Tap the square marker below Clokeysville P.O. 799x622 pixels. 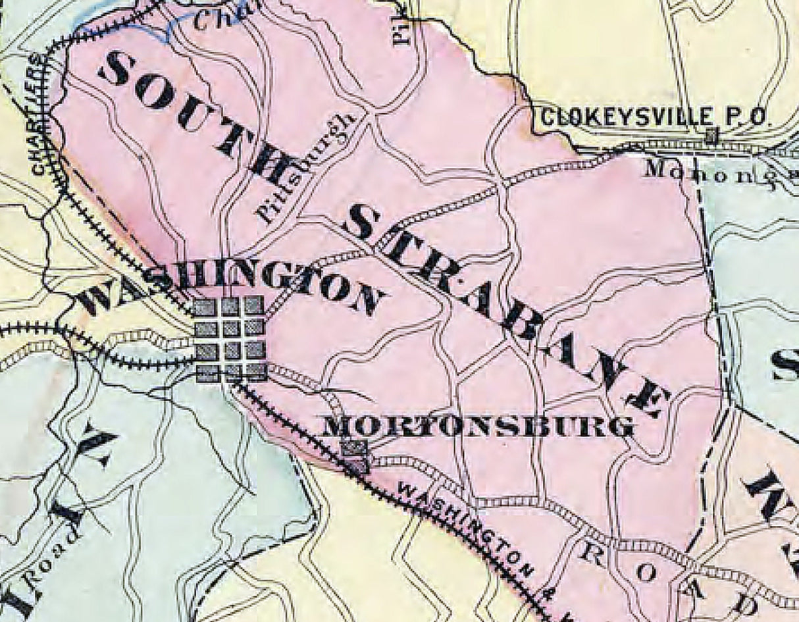click(711, 137)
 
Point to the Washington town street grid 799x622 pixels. click(230, 339)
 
